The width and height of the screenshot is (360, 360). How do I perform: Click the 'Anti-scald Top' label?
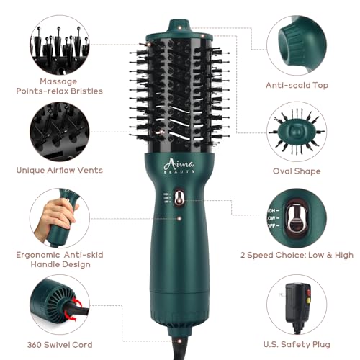[x=297, y=85]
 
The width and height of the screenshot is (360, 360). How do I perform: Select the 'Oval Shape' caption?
[x=297, y=171]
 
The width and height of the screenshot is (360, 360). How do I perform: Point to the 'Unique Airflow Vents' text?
[x=60, y=171]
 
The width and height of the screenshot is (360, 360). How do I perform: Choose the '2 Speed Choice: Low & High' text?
[x=297, y=254]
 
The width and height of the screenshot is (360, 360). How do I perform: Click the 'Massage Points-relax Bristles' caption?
[x=60, y=86]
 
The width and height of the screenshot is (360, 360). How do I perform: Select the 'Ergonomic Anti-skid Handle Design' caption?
[x=60, y=259]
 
